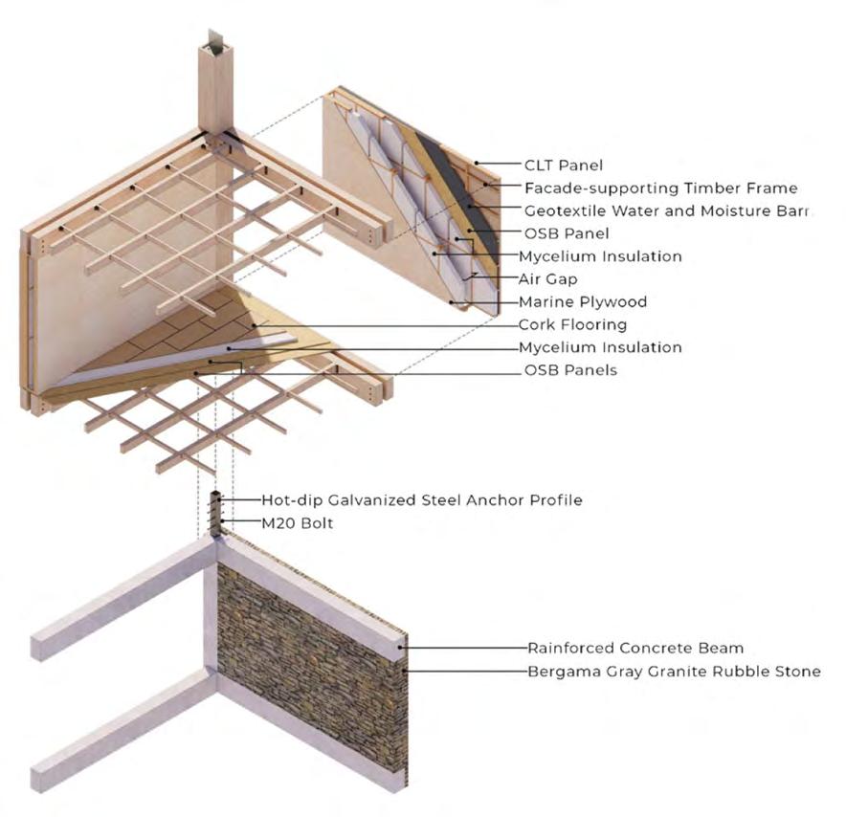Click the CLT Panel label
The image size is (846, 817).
pos(565,166)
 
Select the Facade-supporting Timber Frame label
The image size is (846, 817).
pos(660,188)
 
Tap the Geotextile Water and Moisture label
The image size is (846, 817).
pos(667,210)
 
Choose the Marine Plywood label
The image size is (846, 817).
pos(583,301)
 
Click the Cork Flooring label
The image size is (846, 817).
pos(572,324)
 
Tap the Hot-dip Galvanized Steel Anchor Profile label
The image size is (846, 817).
pos(422,499)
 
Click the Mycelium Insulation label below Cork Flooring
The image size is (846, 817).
pos(600,347)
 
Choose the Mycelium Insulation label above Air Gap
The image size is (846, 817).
pos(600,256)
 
